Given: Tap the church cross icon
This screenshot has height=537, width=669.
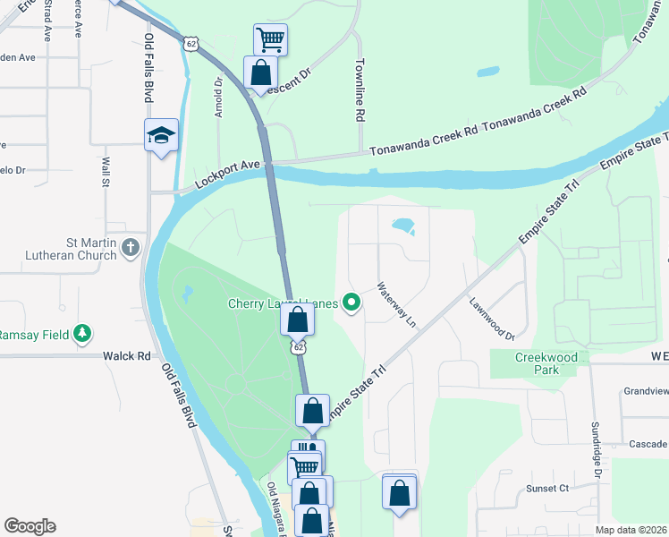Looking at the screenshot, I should pos(131,246).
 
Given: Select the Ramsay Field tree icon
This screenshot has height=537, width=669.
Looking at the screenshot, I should pos(83,333).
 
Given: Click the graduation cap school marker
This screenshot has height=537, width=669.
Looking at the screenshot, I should pos(162,135).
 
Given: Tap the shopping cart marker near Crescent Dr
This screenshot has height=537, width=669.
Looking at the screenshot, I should pos(270,39).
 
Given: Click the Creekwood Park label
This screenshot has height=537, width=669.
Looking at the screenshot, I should pos(536,362).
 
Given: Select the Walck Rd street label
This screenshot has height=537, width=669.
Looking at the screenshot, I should pos(126,355).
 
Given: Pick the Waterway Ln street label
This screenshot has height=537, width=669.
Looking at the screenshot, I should pos(396,303).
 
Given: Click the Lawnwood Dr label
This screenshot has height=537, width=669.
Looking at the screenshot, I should pos(492,318).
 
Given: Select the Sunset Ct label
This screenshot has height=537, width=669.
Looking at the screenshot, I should pos(547,488).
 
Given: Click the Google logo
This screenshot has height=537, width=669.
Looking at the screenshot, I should pos(30,526).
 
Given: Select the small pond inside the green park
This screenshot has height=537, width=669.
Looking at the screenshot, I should pos(188,293).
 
